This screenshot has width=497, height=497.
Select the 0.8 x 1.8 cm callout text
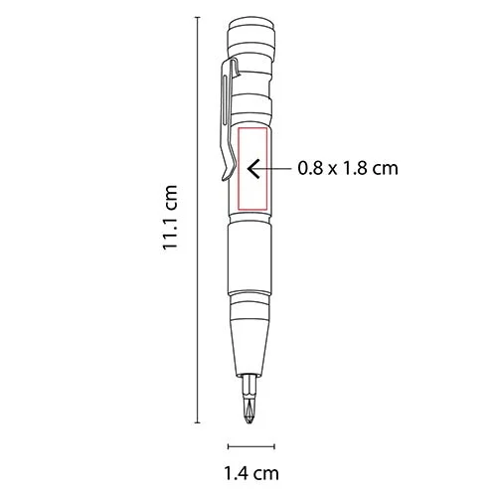click(348, 169)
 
